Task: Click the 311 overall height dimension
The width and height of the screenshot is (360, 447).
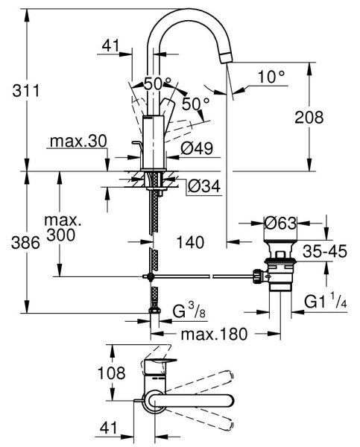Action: (x=25, y=91)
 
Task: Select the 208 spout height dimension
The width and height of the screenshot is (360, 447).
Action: (x=309, y=117)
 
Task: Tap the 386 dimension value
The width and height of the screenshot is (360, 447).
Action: (x=25, y=243)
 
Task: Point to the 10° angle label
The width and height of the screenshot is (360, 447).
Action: (x=271, y=77)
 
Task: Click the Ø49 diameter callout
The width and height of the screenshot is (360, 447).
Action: (x=197, y=148)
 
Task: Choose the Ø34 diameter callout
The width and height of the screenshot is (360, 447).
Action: (x=204, y=186)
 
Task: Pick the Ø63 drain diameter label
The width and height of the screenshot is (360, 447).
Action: (x=280, y=223)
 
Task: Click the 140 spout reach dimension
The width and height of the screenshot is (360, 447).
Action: (x=190, y=242)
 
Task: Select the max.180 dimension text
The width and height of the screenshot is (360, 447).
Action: (x=214, y=334)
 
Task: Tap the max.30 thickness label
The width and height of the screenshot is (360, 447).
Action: (x=78, y=141)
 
